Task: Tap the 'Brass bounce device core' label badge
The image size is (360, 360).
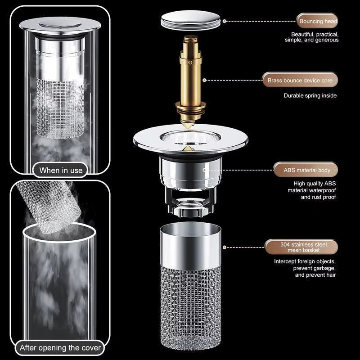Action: click(300, 81)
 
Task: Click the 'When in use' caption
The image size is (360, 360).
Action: click(61, 170)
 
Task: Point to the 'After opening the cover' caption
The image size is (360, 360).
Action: click(60, 347)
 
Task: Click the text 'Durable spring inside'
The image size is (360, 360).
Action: click(310, 95)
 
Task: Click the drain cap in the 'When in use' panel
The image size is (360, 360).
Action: click(60, 26)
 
